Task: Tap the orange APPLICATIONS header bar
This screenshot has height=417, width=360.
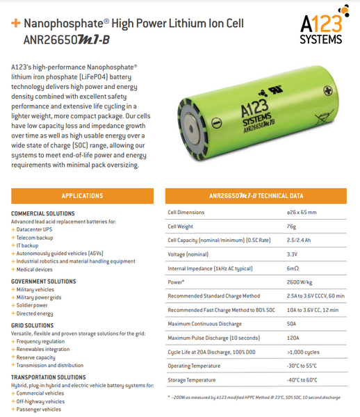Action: (82, 196)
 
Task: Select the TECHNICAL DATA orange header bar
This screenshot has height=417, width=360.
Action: (256, 196)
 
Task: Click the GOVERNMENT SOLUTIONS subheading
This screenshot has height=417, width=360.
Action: (44, 281)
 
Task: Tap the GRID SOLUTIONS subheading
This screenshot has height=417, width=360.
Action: (32, 325)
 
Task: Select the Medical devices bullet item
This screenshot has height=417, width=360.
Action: (35, 270)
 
